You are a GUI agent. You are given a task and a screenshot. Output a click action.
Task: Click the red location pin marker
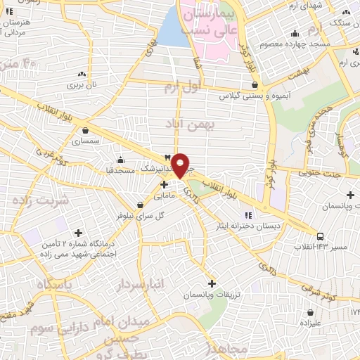point(181,165)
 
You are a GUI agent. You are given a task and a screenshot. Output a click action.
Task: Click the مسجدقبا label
point(115,169)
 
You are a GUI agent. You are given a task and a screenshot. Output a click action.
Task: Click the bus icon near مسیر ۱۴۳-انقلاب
point(321,237)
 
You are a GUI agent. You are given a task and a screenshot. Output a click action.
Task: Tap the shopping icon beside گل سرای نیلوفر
point(141,205)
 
